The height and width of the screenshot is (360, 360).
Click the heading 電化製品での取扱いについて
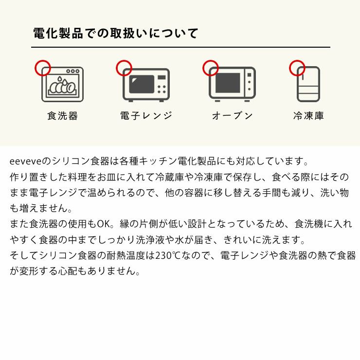coord(115,34)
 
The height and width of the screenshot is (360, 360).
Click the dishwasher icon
coord(63,85)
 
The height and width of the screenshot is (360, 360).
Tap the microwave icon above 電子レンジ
coord(146,85)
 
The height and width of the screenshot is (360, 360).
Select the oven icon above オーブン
coord(232,85)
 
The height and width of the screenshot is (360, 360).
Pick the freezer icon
coord(309,84)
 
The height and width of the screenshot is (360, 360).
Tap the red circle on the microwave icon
coord(124,68)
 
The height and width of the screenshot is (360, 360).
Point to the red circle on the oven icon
coord(211,68)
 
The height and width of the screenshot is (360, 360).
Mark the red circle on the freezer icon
coord(297,68)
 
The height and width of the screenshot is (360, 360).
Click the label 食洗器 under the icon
coord(63,116)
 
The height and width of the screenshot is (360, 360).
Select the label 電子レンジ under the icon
coord(146,116)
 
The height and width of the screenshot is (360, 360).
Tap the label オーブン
coord(233,116)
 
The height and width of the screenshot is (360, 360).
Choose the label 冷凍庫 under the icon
coord(308,116)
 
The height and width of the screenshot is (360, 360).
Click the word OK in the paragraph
coord(104,224)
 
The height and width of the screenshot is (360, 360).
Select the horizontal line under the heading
coord(180,47)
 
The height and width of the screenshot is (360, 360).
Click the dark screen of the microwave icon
coord(142,85)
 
